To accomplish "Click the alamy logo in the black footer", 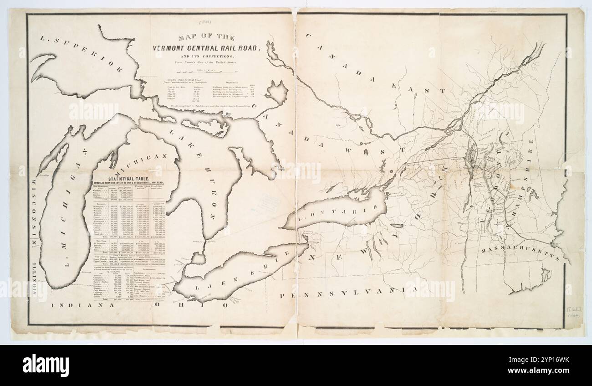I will point(46,365).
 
